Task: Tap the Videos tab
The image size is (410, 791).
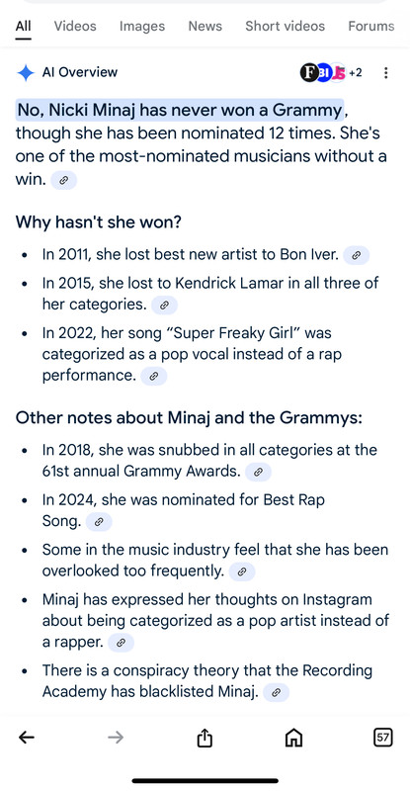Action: click(75, 27)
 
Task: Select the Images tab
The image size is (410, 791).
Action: click(142, 27)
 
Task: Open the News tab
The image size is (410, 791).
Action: click(205, 27)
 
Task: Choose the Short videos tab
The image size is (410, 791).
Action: click(285, 27)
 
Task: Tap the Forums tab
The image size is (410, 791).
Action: click(371, 27)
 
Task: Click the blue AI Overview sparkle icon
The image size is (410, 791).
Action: click(26, 72)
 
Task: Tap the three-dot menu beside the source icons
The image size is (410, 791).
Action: click(385, 73)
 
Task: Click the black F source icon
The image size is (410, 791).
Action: click(308, 73)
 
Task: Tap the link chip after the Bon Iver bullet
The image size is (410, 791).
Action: click(357, 255)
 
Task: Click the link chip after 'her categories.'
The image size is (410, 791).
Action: click(164, 306)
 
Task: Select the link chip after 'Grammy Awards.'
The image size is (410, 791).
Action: click(258, 473)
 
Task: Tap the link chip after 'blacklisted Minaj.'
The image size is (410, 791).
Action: click(276, 693)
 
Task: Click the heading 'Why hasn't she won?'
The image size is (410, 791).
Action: click(99, 221)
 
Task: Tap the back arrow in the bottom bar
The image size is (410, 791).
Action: click(27, 738)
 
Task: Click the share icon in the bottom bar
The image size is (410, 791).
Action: click(205, 738)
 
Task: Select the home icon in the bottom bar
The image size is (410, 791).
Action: click(294, 738)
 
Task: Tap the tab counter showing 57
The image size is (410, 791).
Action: click(383, 738)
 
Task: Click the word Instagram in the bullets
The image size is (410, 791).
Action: click(337, 600)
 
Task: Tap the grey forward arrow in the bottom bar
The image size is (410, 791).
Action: click(116, 738)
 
